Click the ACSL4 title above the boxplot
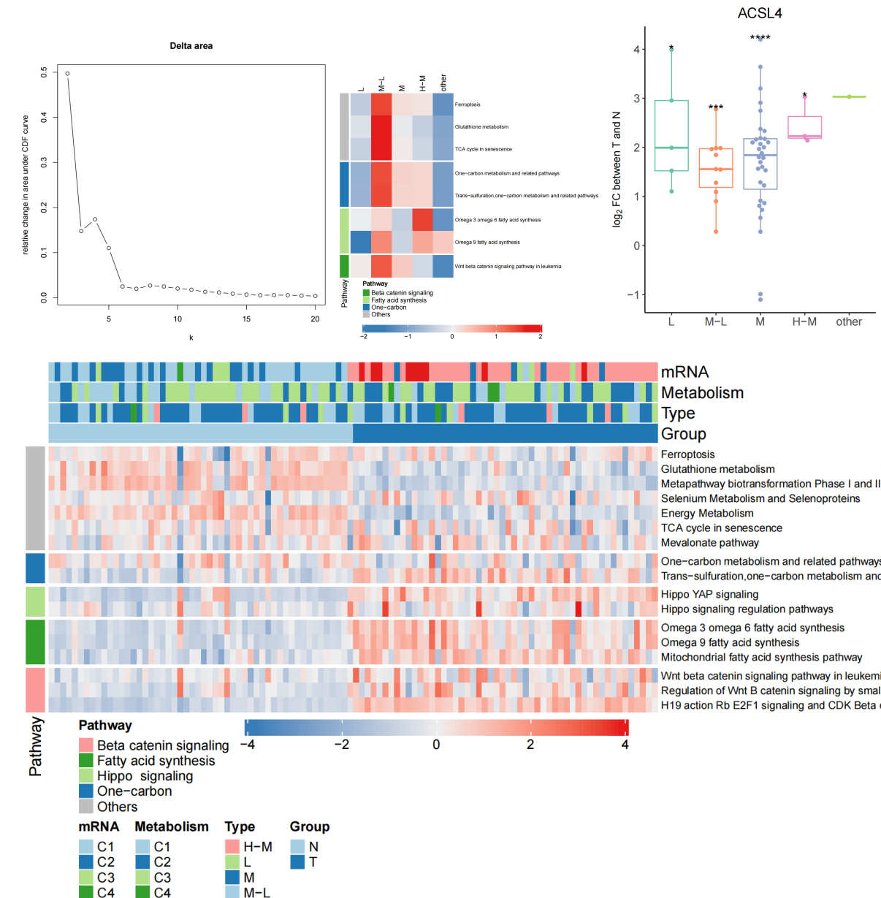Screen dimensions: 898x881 point(760,13)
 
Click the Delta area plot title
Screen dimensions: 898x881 point(191,46)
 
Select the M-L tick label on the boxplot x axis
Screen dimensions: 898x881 point(715,321)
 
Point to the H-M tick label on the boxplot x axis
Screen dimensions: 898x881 point(804,321)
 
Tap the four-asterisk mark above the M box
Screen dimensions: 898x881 point(760,38)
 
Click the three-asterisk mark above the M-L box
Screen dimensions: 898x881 point(716,108)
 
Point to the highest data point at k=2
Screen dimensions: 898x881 point(67,73)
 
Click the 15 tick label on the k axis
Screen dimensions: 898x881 point(247,319)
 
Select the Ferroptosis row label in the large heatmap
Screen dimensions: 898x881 point(687,454)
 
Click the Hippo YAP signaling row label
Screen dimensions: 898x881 point(709,595)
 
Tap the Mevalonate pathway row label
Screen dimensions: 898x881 point(709,543)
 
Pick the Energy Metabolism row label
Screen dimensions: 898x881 point(706,514)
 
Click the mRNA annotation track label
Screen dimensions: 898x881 point(684,372)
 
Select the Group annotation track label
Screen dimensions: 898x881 point(683,434)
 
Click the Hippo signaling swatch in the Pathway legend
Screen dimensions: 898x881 point(86,776)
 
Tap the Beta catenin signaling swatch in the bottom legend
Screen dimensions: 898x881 point(86,745)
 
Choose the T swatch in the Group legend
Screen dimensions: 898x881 point(297,862)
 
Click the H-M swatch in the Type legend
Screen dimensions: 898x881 point(232,847)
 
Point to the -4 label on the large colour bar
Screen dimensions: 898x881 point(247,745)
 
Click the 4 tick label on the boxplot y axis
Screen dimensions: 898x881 point(636,50)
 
